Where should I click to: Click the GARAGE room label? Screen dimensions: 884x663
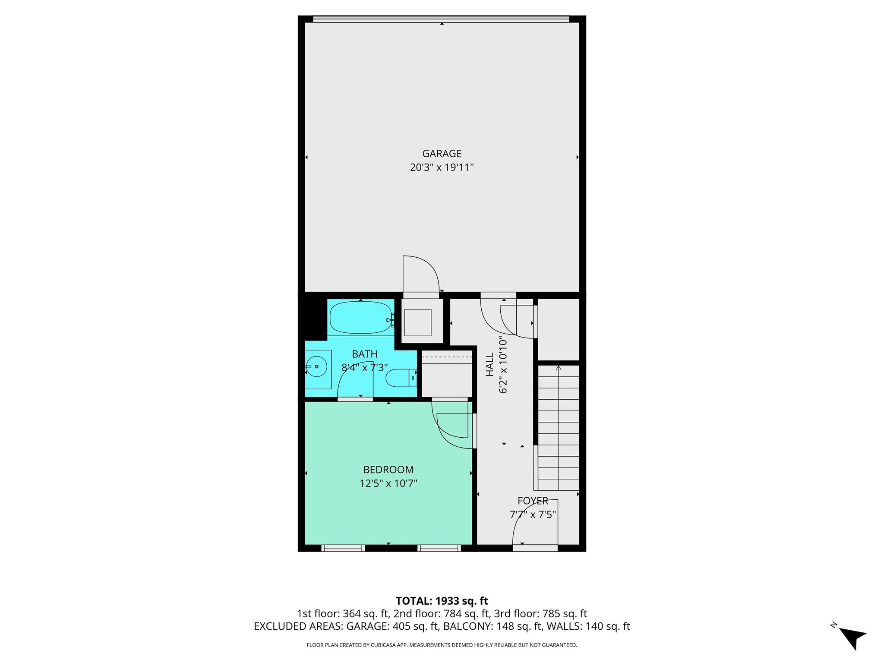pos(442,154)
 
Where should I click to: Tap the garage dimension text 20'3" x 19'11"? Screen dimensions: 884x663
pos(442,167)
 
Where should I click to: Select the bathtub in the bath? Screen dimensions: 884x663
pos(361,317)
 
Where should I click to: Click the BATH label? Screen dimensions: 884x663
pos(365,354)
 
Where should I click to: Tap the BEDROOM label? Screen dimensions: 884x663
pos(388,470)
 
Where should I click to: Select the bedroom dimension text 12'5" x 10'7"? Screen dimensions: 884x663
pos(388,483)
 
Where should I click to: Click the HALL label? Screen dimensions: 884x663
pos(489,365)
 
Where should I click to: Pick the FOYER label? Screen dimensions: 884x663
pos(533,501)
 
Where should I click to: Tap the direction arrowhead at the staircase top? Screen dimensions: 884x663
pos(559,368)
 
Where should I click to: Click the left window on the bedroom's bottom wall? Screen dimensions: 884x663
pos(343,548)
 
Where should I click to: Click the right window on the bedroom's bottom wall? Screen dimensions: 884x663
pos(439,548)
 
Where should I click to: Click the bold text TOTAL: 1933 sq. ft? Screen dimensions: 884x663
pos(442,601)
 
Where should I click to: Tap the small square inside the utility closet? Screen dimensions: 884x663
pos(418,322)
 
